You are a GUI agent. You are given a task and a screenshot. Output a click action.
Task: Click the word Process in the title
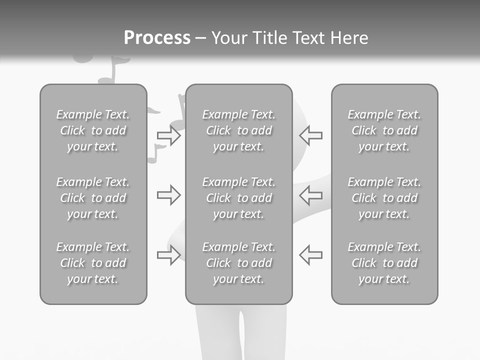157,38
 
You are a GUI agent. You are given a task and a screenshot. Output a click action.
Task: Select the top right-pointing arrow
168,135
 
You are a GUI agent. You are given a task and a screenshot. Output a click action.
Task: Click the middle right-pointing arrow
168,195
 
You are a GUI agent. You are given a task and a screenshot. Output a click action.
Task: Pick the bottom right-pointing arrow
168,255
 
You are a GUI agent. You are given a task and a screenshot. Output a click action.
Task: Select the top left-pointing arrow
310,135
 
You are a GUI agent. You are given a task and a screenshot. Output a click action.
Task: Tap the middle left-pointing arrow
310,195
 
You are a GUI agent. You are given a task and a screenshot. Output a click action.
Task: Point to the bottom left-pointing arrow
310,255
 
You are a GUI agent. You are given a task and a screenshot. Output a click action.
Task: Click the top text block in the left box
93,130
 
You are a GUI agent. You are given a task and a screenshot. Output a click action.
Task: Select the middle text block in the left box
93,198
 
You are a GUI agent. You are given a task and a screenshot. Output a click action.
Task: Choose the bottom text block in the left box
93,263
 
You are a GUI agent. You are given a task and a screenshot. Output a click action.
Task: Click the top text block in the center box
238,130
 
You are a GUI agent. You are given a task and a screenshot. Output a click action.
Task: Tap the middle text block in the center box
238,198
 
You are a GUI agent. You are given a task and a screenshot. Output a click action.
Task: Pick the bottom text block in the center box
238,263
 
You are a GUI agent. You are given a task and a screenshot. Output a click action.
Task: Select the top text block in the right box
384,130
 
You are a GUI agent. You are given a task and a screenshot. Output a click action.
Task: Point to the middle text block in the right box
384,198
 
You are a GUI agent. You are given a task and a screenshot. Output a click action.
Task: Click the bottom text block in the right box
384,263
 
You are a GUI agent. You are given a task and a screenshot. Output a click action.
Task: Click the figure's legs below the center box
239,332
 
